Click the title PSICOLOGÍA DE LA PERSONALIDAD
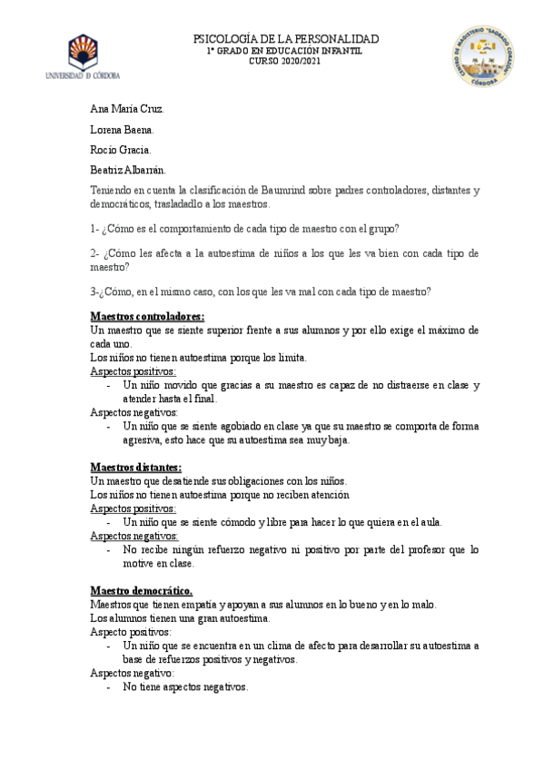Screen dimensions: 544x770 click(x=286, y=39)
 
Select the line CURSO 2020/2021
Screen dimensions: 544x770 click(x=285, y=62)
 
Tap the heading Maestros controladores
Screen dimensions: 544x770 click(x=147, y=316)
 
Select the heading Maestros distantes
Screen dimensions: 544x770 click(x=136, y=468)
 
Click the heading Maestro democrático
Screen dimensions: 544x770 click(x=141, y=564)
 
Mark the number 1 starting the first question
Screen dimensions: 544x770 click(x=93, y=228)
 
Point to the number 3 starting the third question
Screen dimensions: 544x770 click(x=93, y=291)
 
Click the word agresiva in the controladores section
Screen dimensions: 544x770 click(x=143, y=440)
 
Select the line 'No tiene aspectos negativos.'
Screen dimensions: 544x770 click(x=185, y=687)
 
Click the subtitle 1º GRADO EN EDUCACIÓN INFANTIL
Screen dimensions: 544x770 click(x=285, y=51)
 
